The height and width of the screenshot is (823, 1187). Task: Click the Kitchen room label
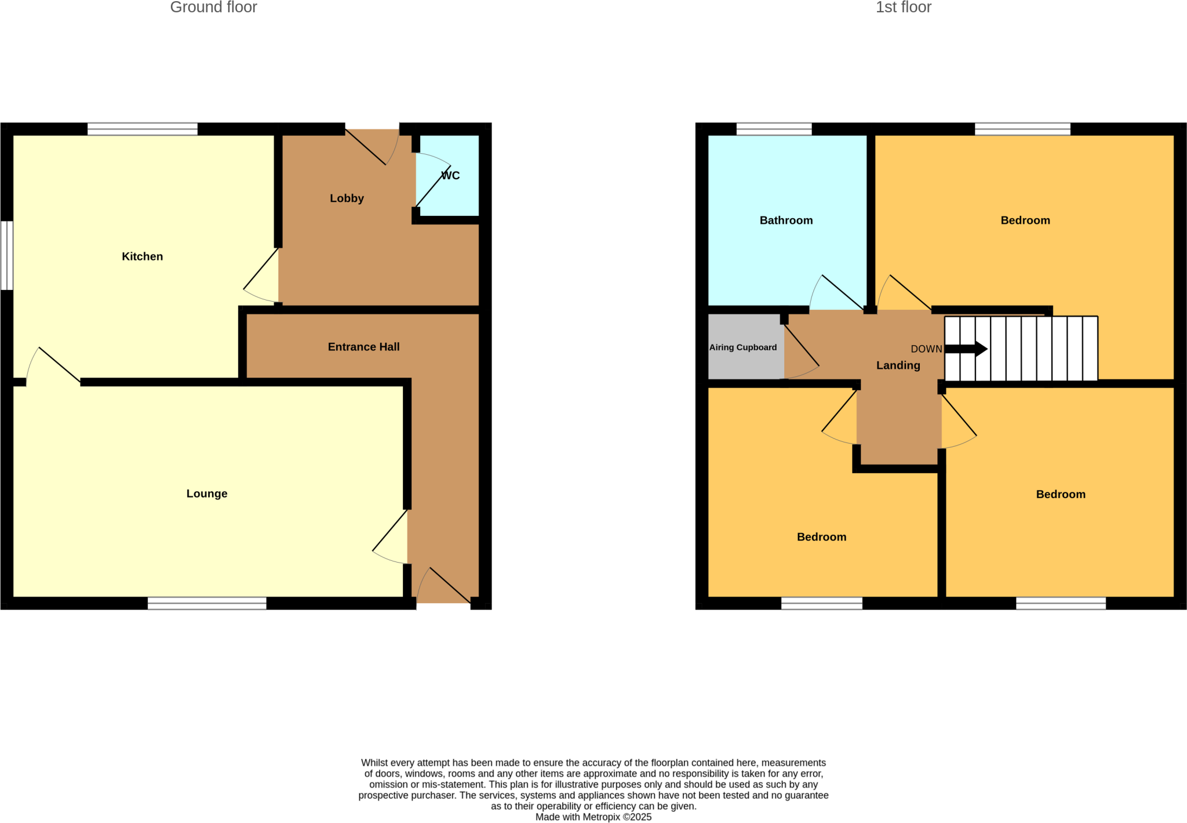point(142,256)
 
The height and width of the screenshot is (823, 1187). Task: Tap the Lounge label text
point(206,494)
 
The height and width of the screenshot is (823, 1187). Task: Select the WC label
point(450,176)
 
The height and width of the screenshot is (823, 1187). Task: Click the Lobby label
point(347,198)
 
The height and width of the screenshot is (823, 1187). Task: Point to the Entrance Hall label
point(363,347)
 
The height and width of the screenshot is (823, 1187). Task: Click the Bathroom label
point(786,220)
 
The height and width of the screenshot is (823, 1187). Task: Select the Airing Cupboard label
point(743,347)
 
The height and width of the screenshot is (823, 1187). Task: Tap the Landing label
point(898,365)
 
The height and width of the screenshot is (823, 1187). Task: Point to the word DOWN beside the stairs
point(926,349)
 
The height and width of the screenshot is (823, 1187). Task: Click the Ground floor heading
point(213,8)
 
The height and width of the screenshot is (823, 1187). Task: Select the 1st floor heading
point(903,8)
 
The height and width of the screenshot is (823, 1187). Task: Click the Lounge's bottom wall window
point(207,603)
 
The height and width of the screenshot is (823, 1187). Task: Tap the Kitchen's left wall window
point(6,255)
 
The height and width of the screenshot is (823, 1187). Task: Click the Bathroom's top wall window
point(774,129)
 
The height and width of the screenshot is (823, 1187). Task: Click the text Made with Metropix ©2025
point(593,817)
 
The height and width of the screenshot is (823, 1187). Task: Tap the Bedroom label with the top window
point(1025,220)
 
